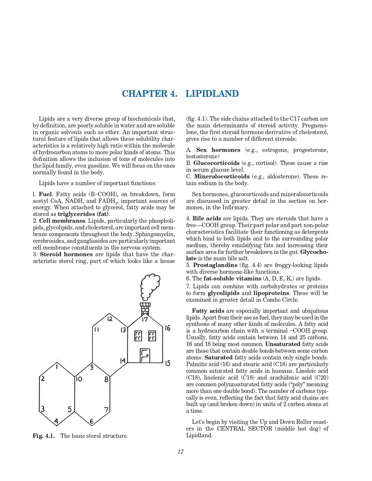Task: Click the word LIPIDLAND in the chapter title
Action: click(212, 94)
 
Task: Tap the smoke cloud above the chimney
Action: click(150, 287)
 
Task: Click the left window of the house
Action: click(138, 336)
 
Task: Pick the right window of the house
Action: click(152, 336)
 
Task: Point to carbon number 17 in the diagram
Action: click(145, 320)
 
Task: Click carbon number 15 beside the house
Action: click(167, 363)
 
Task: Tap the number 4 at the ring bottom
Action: click(57, 421)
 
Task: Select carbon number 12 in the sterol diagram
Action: click(109, 319)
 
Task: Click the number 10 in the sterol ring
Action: click(79, 379)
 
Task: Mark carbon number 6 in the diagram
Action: click(92, 421)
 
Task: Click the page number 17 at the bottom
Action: click(181, 452)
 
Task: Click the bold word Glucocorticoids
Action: click(216, 163)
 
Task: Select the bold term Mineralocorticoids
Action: click(222, 177)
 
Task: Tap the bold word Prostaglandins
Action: click(215, 265)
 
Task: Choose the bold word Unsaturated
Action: click(283, 344)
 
